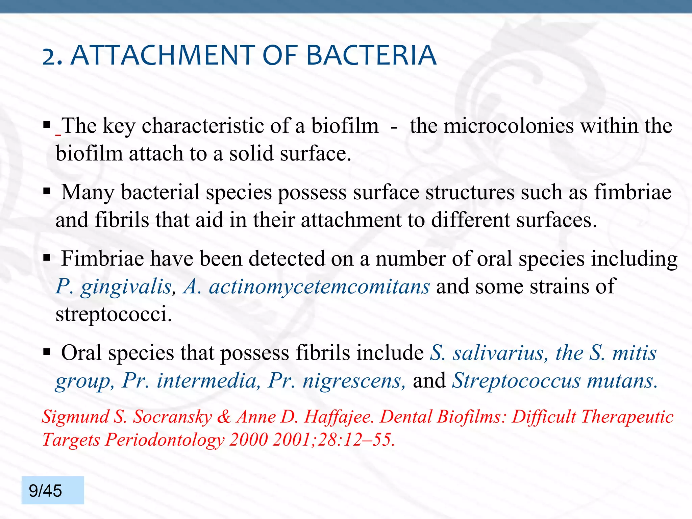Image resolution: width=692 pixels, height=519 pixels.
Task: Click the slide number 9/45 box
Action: [x=53, y=490]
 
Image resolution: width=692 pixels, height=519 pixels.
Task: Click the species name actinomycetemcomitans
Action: [x=319, y=287]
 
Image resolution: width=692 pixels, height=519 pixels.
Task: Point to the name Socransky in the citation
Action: [x=172, y=417]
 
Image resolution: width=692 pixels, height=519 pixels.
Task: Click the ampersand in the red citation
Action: [x=224, y=417]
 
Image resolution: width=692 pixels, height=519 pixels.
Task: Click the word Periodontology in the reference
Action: [x=165, y=440]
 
